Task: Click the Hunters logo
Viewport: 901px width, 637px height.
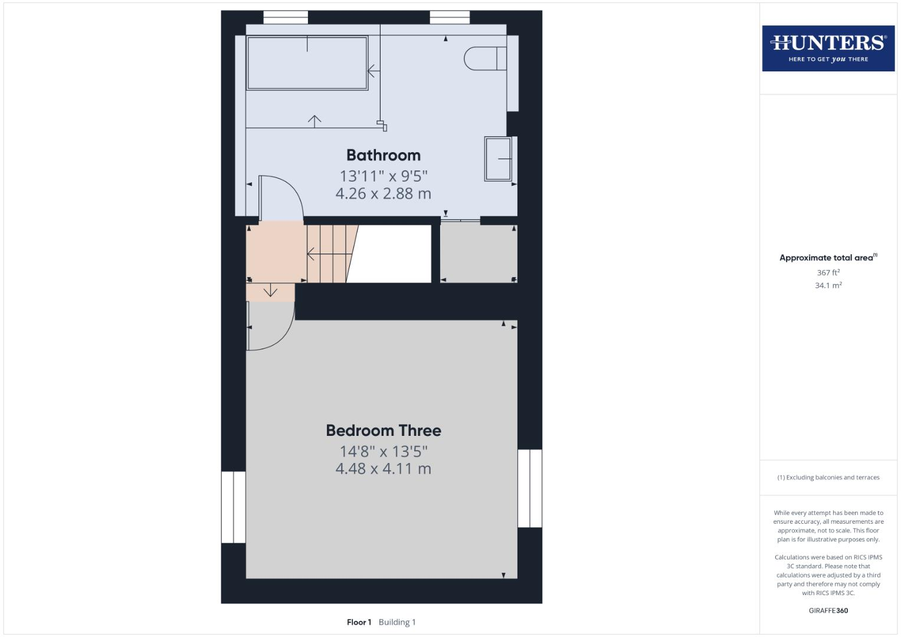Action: tap(828, 48)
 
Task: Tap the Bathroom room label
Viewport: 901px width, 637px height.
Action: tap(384, 155)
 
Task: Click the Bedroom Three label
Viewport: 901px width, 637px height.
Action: tap(384, 431)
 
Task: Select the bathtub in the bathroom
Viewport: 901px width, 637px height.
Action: tap(307, 63)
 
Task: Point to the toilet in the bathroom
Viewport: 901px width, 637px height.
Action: tap(484, 58)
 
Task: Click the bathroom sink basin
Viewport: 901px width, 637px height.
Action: tap(499, 159)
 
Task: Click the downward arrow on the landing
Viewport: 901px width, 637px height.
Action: tap(270, 291)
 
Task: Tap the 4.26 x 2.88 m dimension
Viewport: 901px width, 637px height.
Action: tap(384, 193)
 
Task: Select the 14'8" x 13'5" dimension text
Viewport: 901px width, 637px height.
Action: tap(384, 451)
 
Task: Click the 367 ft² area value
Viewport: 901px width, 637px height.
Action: tap(828, 272)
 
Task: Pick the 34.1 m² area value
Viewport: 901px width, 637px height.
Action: tap(828, 285)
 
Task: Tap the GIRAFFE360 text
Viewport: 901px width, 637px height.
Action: tap(828, 610)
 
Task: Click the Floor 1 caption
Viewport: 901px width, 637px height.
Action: tap(359, 622)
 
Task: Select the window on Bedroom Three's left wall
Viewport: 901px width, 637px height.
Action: tap(233, 507)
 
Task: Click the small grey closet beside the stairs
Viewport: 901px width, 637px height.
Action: tap(479, 254)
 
